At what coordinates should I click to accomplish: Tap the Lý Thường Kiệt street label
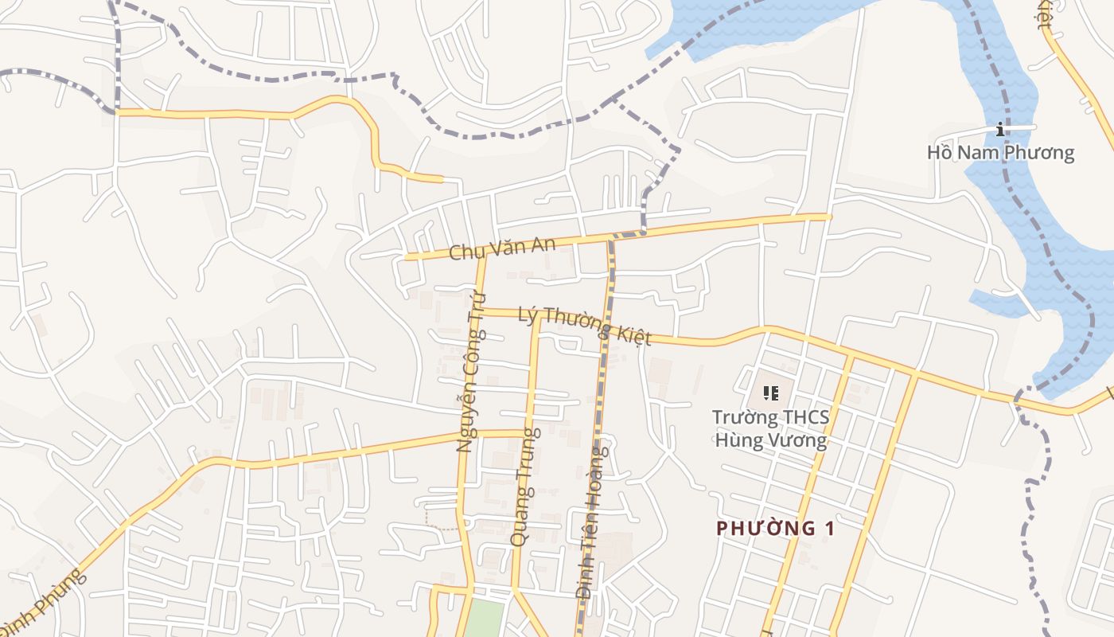point(584,326)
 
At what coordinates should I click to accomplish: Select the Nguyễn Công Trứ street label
point(476,372)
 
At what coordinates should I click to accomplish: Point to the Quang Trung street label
point(525,487)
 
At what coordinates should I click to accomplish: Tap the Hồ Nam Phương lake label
point(1000,152)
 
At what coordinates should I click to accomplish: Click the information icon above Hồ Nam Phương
point(999,129)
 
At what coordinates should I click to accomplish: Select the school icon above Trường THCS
point(769,393)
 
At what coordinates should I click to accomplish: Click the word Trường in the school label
point(741,417)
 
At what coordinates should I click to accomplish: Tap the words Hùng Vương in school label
point(770,440)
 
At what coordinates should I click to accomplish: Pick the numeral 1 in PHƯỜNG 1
point(831,528)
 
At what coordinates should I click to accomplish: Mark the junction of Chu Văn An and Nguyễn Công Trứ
point(481,256)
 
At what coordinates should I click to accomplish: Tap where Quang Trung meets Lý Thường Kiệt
point(538,315)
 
